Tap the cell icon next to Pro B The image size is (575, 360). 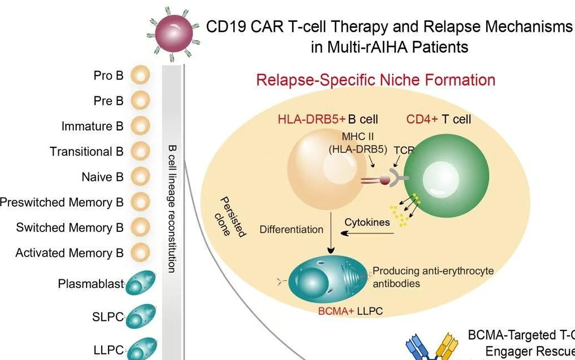[x=140, y=75]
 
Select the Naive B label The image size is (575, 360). [x=102, y=177]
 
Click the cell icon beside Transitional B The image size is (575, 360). [x=140, y=151]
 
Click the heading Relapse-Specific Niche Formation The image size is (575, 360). [x=375, y=80]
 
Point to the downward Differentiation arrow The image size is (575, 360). [x=331, y=236]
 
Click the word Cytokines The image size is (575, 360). [x=367, y=222]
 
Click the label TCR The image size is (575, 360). [x=403, y=150]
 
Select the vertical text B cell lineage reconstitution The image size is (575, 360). [x=172, y=207]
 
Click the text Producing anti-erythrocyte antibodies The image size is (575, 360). [x=433, y=277]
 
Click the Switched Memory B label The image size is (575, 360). [x=69, y=227]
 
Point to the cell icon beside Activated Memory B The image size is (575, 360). [x=140, y=253]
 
